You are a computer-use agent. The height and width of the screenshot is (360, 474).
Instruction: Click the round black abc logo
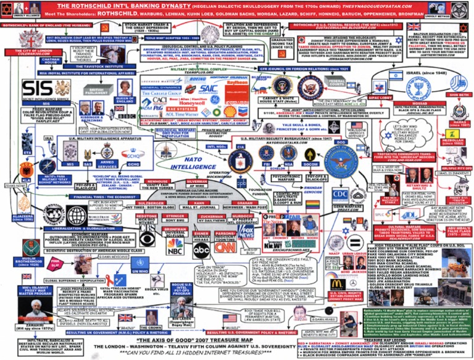(201, 249)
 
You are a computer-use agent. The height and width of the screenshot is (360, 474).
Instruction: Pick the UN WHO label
(140, 270)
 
